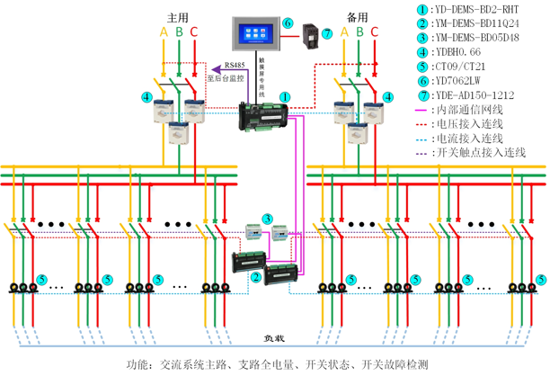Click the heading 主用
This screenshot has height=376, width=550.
(178, 18)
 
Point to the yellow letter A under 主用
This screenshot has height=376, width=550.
(163, 33)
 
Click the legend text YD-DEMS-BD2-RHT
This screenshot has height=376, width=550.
(466, 9)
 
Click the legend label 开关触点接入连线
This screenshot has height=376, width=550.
(478, 153)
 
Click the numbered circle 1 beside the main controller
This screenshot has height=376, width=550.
(285, 94)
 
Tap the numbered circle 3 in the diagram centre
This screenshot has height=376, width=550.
(267, 219)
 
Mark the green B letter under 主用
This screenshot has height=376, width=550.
(179, 33)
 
